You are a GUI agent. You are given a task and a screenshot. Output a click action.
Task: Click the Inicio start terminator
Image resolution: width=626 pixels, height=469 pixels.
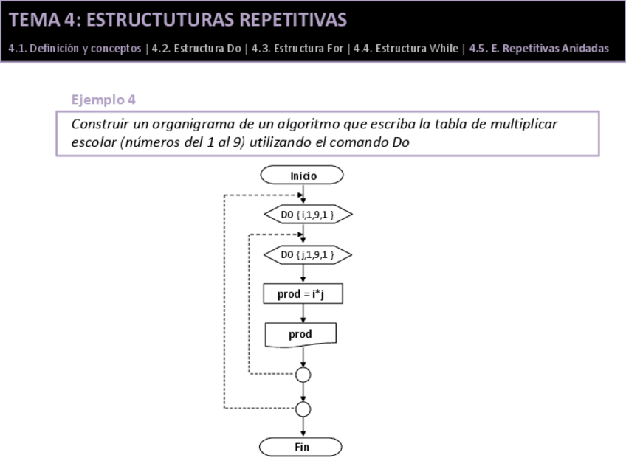pyautogui.click(x=303, y=176)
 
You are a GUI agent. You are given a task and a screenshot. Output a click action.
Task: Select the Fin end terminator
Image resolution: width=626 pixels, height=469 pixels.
pyautogui.click(x=302, y=447)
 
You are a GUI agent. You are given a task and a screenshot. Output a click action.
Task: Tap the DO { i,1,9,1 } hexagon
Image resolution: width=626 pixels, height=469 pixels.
pyautogui.click(x=307, y=215)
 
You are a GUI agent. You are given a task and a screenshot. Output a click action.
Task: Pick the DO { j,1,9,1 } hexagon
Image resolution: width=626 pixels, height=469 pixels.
pyautogui.click(x=307, y=255)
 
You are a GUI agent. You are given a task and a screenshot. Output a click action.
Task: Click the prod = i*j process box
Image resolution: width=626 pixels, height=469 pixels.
pyautogui.click(x=303, y=294)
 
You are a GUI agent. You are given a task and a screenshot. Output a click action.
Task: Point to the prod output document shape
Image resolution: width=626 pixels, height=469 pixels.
pyautogui.click(x=300, y=334)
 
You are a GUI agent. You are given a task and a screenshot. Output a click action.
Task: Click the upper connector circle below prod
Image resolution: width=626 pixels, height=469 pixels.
pyautogui.click(x=303, y=375)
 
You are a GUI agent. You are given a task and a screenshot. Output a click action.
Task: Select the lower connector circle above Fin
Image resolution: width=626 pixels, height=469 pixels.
pyautogui.click(x=303, y=409)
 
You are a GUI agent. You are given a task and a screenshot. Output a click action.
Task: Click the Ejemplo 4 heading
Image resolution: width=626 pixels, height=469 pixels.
pyautogui.click(x=103, y=99)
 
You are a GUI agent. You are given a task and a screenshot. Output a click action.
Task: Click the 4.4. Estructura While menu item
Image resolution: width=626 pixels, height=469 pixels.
pyautogui.click(x=406, y=49)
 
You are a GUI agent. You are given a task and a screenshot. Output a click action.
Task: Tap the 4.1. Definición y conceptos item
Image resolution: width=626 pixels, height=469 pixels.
pyautogui.click(x=75, y=49)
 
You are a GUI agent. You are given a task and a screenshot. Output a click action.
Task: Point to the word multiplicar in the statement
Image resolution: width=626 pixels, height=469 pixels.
pyautogui.click(x=523, y=124)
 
